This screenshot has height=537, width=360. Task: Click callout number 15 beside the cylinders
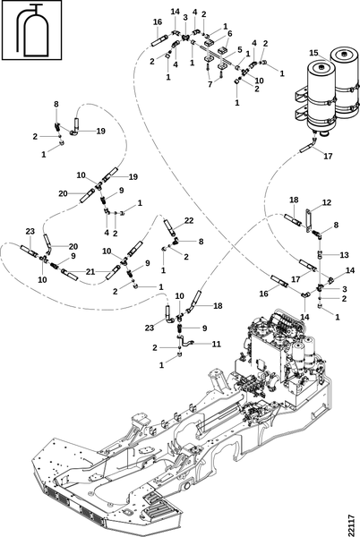(x=313, y=53)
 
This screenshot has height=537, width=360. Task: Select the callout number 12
(x=327, y=202)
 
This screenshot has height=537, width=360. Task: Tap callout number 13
(x=344, y=255)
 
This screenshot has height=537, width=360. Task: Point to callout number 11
(x=216, y=344)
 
